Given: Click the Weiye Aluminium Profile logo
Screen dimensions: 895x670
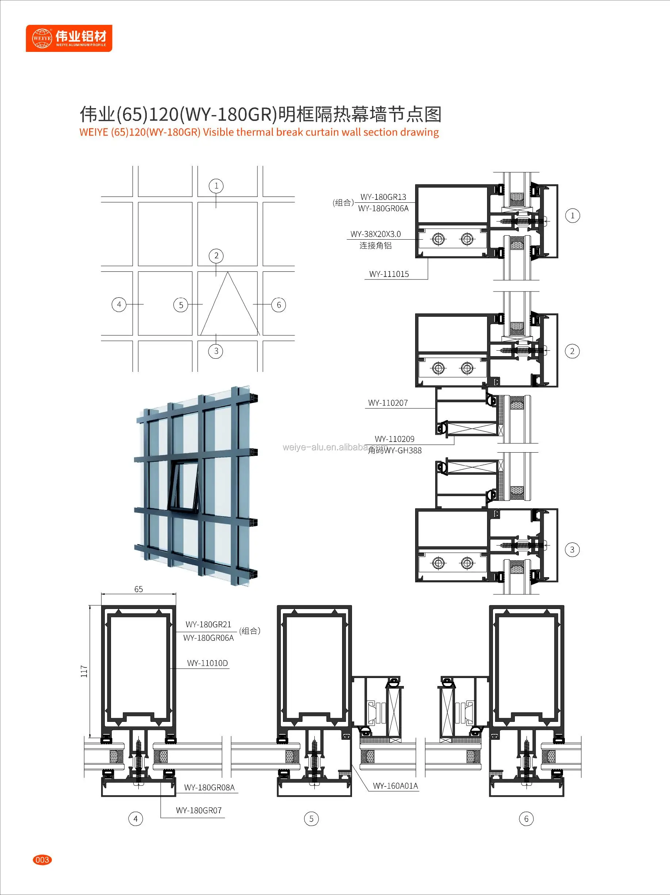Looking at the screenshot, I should (x=69, y=38).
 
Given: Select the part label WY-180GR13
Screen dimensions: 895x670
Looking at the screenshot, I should (x=383, y=197).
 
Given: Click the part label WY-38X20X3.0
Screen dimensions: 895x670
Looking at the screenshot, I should (x=375, y=234).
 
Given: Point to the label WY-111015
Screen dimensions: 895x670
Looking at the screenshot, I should (x=388, y=274).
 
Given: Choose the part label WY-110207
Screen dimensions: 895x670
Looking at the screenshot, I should (x=387, y=403).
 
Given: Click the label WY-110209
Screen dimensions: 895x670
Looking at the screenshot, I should (x=394, y=439).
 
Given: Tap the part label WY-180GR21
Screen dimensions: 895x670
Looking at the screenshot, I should (x=208, y=624).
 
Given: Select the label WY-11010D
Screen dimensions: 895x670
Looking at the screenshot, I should (x=207, y=663).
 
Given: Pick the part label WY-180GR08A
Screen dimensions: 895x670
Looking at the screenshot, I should (x=209, y=787).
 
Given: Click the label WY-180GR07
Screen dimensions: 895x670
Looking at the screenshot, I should (x=199, y=811).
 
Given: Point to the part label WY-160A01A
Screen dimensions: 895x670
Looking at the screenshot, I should (x=395, y=786).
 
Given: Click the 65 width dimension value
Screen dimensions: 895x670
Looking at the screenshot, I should (x=138, y=589).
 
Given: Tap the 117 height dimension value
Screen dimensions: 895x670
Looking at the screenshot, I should (x=84, y=671).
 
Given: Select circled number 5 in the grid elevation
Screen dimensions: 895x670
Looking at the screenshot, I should (x=181, y=305).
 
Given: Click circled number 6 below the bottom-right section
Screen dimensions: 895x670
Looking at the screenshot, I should (x=526, y=819).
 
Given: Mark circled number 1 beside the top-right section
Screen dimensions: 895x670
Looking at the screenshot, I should (x=572, y=216).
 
